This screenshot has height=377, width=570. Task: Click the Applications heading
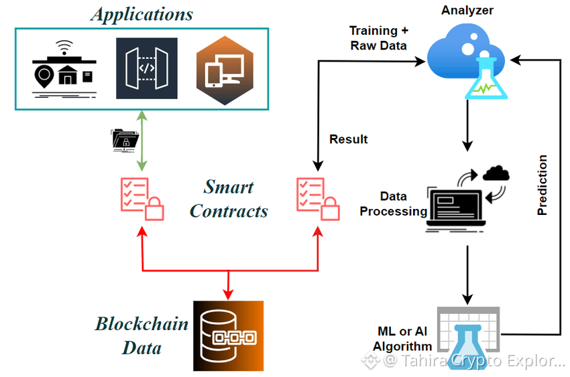pos(142,14)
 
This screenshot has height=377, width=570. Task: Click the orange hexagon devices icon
pos(220,70)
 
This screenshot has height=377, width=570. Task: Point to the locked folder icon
pos(125,138)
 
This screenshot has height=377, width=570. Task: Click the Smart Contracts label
pos(229,199)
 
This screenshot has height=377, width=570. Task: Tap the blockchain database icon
pos(228,335)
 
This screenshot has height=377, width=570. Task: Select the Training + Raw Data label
pos(379,38)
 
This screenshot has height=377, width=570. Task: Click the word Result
pos(349,139)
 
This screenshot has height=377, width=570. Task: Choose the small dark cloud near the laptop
pos(496,173)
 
